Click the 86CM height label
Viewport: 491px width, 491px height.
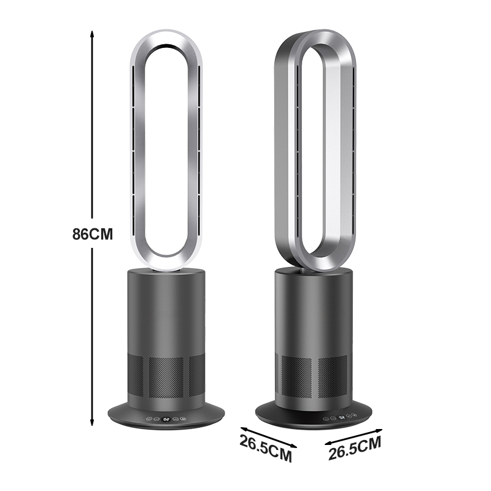pos(93,234)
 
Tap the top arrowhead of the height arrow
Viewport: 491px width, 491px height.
pos(91,34)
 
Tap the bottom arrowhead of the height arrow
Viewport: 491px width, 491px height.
pos(91,422)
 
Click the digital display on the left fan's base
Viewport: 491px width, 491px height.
pos(166,419)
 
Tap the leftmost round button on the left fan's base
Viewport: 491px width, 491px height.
pos(149,419)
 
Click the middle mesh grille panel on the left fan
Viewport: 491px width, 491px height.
pos(166,377)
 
